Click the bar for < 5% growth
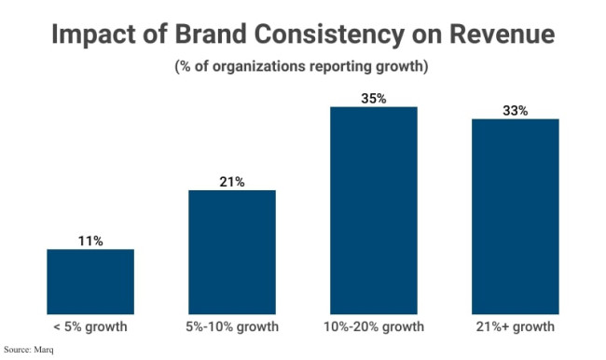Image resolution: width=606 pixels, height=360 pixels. pos(90,281)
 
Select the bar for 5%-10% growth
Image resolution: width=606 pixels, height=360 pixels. pos(232,252)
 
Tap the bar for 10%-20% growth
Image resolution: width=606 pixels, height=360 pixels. pos(374,210)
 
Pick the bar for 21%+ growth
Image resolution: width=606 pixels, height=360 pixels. pos(516,215)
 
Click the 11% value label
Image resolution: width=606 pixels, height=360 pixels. pos(90,241)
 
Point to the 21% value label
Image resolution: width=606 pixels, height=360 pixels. pos(232,182)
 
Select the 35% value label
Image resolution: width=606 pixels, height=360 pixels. pos(374,98)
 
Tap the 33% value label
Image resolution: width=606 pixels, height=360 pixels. pos(516,110)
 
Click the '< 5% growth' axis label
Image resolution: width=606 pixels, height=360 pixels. pos(90,327)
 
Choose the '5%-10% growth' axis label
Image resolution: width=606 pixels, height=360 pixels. pos(232,327)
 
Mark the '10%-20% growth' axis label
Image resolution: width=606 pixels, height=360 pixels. pos(374,327)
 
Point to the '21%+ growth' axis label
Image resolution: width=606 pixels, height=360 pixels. pos(516,327)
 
